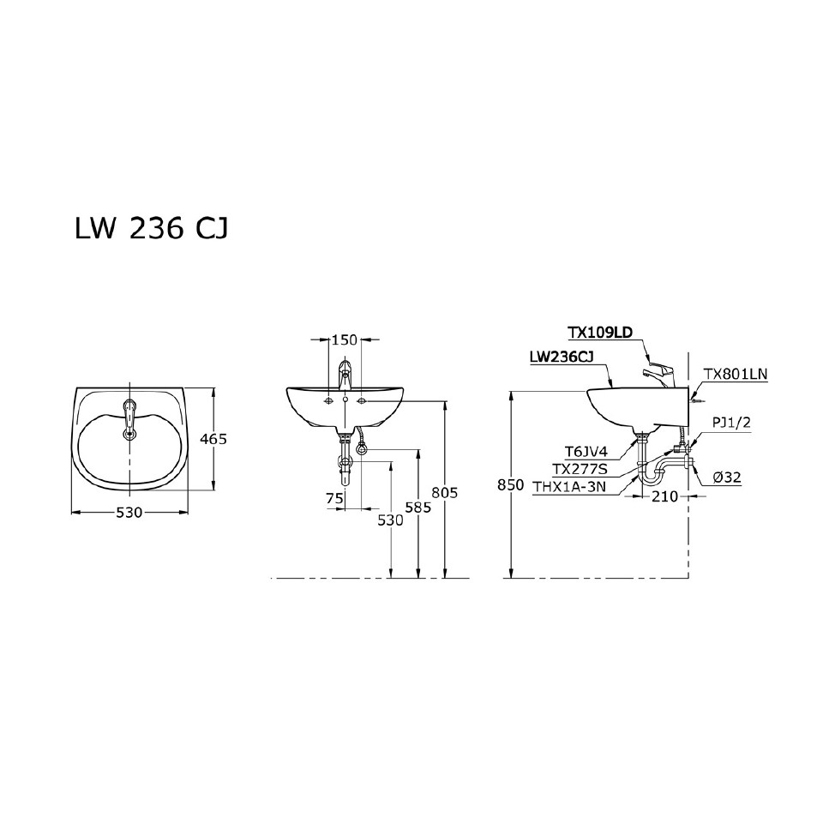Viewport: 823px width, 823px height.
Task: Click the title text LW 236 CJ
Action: (152, 229)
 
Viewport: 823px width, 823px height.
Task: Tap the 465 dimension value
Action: (213, 439)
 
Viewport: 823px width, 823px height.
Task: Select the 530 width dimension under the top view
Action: (129, 512)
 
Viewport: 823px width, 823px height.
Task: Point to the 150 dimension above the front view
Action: (344, 340)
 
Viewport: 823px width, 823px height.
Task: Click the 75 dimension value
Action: (334, 498)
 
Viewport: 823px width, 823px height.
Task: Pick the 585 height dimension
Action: (418, 508)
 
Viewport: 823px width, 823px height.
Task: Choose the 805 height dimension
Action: (445, 492)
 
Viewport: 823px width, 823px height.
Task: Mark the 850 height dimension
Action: (510, 485)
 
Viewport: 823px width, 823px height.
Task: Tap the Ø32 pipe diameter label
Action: (726, 478)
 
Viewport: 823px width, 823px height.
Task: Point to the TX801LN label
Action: (736, 374)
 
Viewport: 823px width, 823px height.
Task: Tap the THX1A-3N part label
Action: (568, 486)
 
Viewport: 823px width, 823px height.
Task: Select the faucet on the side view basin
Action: (657, 373)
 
